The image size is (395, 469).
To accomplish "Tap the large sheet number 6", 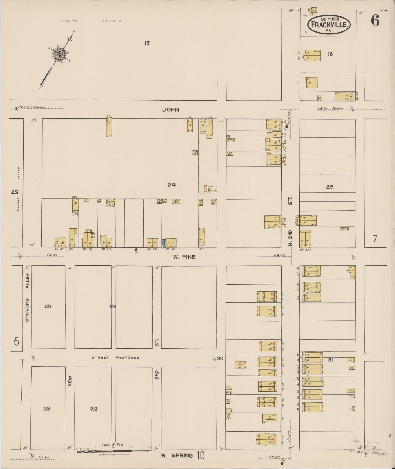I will coord(375,20).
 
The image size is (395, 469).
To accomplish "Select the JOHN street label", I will coord(171,110).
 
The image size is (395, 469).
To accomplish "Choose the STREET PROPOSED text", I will coord(116,357).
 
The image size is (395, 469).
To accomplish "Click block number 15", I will coord(147,43).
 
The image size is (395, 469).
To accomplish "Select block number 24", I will coord(172,185).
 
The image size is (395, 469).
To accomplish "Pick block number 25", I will coord(330,187).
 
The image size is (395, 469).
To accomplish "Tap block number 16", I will coord(330,54).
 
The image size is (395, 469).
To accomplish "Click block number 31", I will coord(330,360).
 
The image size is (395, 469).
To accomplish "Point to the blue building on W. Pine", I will coord(163,243).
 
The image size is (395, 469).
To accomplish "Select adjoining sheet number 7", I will coord(374,239).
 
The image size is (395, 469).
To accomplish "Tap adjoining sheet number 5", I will coord(17,341).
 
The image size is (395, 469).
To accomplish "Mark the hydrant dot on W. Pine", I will coord(136,250).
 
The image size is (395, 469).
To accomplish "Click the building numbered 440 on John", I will coord(109,127).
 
